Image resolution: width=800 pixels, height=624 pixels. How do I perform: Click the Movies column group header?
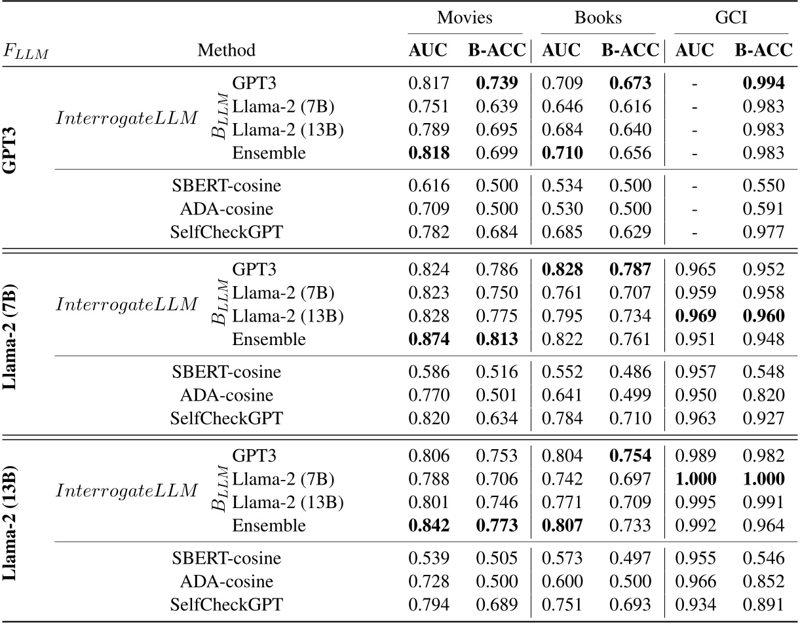point(465,18)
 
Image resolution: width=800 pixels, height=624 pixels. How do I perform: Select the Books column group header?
point(598,18)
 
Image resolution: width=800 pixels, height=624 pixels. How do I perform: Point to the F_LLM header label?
point(26,51)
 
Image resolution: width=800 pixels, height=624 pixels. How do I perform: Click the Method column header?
point(227,50)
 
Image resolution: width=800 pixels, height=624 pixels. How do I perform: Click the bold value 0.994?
point(763,83)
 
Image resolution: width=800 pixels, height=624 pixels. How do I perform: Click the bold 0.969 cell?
point(695,316)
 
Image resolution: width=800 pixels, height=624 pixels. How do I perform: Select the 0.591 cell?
point(763,210)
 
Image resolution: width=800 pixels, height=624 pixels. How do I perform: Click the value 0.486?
point(629,372)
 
